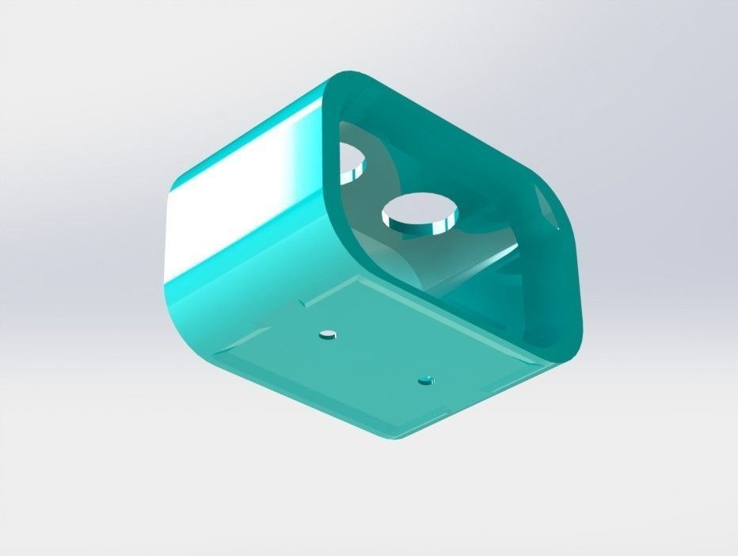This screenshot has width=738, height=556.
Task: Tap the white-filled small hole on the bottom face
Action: click(x=325, y=334)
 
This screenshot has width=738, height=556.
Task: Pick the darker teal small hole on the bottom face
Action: click(x=426, y=380)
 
